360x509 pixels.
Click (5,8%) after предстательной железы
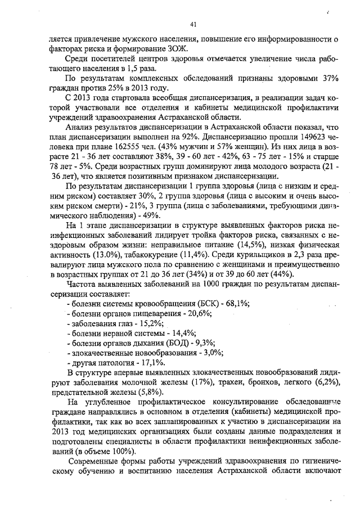tap(147, 391)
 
